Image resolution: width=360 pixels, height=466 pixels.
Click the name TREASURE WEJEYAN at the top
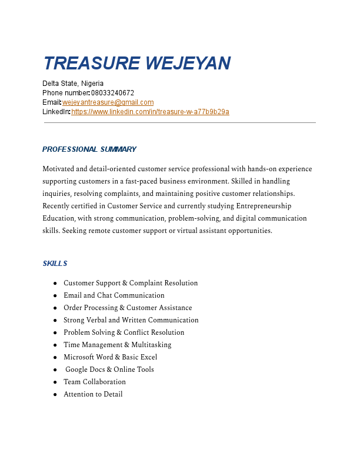(136, 63)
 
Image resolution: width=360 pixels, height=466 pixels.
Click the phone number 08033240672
(112, 93)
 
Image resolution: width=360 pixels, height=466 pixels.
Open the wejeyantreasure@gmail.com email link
(108, 102)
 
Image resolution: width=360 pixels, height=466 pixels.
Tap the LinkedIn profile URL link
(150, 112)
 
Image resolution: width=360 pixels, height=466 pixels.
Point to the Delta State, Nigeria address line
(73, 84)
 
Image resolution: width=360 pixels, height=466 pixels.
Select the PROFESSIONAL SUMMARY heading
(89, 149)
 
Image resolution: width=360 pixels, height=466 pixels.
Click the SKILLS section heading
(55, 264)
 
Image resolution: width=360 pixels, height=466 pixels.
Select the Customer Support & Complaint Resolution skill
(131, 283)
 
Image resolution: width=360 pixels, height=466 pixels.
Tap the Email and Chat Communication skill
(114, 295)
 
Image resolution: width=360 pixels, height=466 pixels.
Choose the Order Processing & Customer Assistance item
(128, 308)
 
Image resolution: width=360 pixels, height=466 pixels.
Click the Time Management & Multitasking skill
(118, 345)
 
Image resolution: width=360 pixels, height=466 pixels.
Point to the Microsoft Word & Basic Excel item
(110, 357)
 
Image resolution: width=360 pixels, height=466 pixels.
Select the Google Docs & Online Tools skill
(109, 370)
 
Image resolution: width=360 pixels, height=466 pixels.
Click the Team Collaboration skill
(95, 382)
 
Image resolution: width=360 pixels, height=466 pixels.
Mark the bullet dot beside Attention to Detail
(55, 395)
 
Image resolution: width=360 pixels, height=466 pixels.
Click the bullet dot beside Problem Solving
(55, 333)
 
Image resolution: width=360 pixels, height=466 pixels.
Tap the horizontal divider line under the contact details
(180, 122)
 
